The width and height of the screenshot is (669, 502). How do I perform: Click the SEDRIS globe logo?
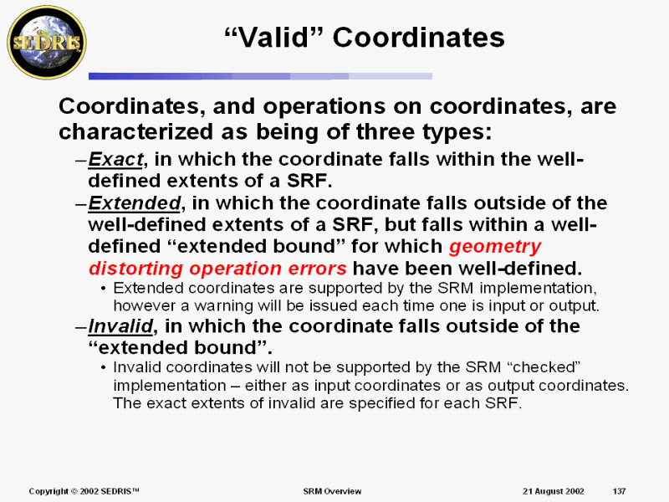[47, 43]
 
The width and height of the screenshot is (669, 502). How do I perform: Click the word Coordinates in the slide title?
[418, 37]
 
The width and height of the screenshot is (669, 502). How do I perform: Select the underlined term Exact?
[115, 159]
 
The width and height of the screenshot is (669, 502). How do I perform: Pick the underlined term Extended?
[134, 202]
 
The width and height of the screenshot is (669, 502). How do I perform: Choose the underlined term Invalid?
[120, 326]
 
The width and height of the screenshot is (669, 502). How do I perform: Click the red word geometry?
[495, 247]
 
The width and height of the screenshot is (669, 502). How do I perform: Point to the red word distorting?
[136, 269]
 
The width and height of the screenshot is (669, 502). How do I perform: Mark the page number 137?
[619, 491]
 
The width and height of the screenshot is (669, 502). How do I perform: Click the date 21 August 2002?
[554, 491]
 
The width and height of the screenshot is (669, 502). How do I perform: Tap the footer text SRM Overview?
[332, 491]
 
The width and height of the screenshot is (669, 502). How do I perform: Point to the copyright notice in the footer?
[84, 491]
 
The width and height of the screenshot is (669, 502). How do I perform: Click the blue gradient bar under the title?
[260, 76]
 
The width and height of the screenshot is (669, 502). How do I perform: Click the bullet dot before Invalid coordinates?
[103, 367]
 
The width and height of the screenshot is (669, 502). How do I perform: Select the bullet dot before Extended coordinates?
[103, 289]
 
